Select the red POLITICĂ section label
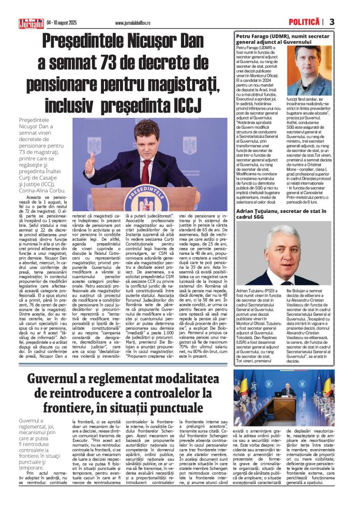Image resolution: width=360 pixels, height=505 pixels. [x=304, y=21]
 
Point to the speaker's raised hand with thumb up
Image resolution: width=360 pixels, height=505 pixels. [x=90, y=165]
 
